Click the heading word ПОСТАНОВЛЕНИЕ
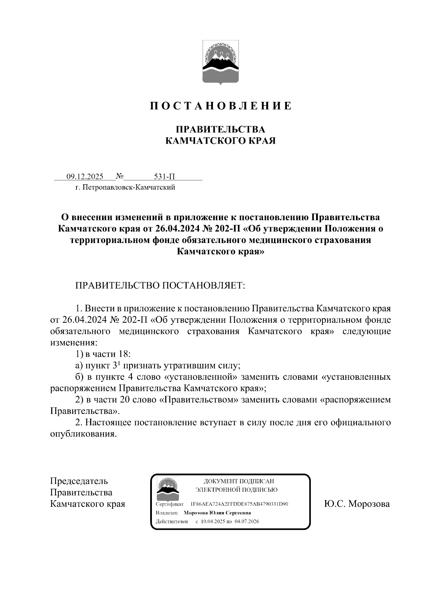click(221, 106)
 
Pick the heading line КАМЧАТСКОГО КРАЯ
click(220, 141)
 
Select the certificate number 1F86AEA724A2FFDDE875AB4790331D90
click(239, 504)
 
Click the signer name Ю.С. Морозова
click(357, 504)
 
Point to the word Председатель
click(79, 481)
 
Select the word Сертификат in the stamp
click(167, 504)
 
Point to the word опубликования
click(83, 434)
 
